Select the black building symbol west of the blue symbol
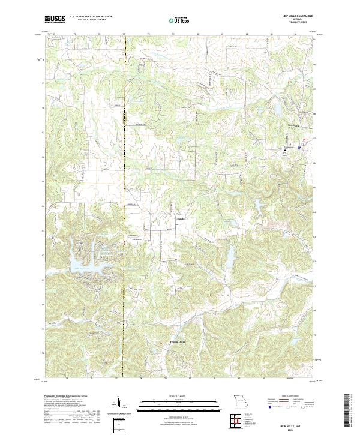click(x=286, y=147)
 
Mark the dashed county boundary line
click(x=124, y=180)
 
